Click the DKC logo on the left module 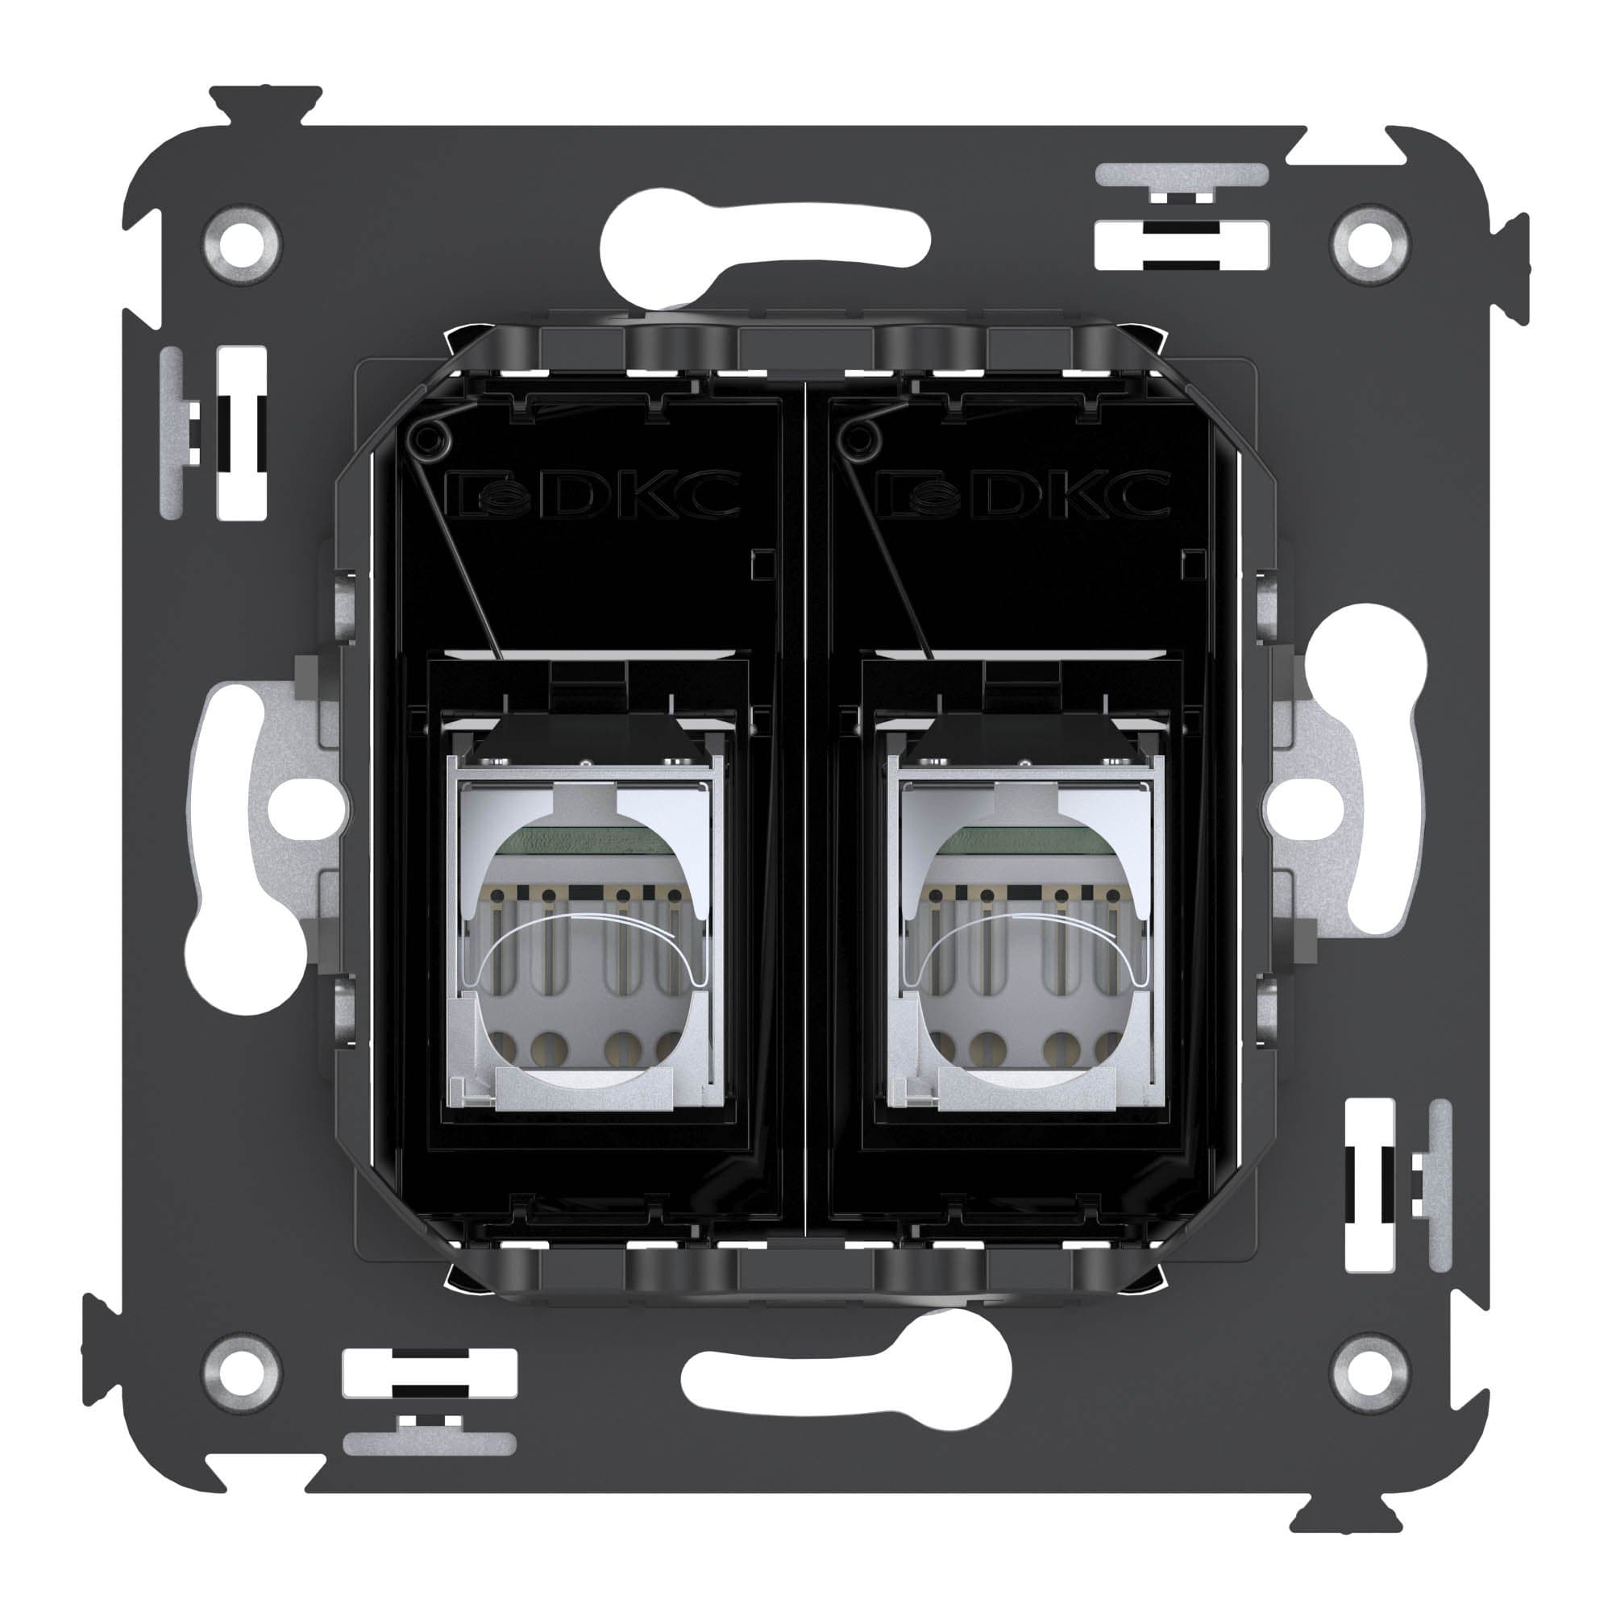point(593,495)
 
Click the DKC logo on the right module point(1027,495)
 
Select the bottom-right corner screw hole point(1370,1370)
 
